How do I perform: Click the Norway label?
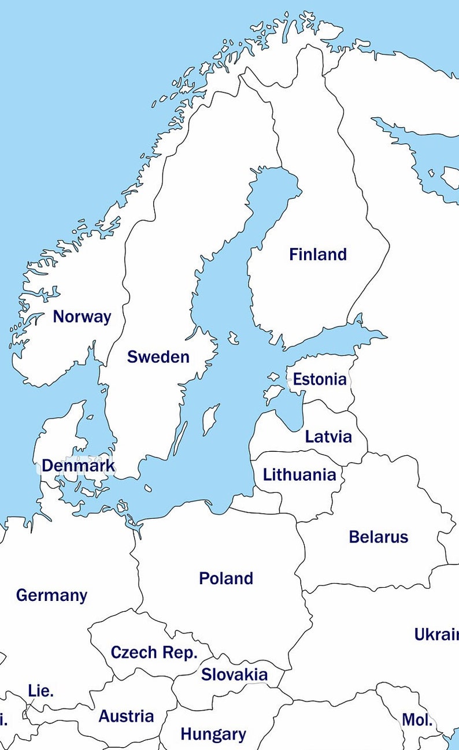[82, 317]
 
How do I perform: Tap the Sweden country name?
[158, 357]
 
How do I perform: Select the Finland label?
[318, 254]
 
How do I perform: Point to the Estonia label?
[320, 380]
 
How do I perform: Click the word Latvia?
[328, 436]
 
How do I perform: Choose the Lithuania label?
[299, 475]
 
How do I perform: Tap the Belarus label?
[378, 537]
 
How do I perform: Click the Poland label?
[225, 578]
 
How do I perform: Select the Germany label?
[51, 595]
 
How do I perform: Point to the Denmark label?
[77, 466]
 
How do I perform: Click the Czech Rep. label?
[154, 653]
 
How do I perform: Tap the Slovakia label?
[234, 674]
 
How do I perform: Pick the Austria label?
[126, 716]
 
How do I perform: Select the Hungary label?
[213, 734]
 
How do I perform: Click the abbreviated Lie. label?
[40, 690]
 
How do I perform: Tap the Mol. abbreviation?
[417, 720]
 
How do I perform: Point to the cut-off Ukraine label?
[436, 634]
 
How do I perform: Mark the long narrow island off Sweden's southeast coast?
[181, 438]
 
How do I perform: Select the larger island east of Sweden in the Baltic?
[210, 419]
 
